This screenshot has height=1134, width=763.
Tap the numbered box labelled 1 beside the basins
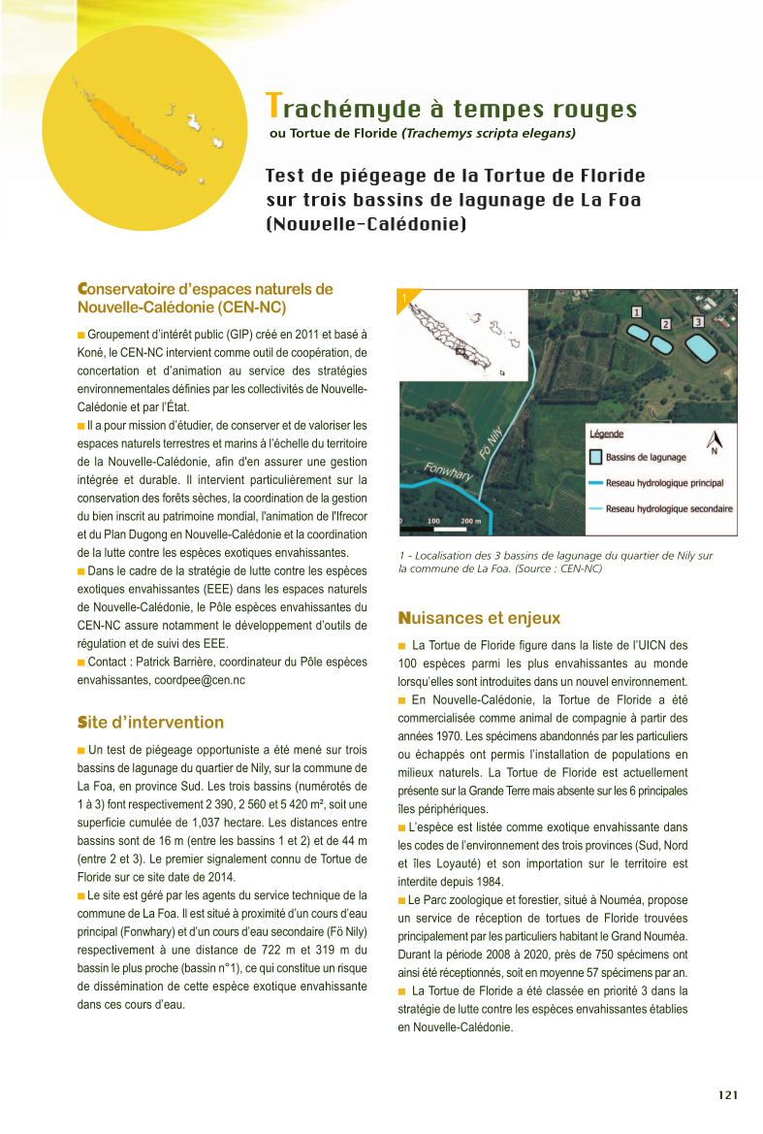point(637,312)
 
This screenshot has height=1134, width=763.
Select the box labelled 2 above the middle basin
point(666,324)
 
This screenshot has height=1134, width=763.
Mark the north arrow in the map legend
point(715,442)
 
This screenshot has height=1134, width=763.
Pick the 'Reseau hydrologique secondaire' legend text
point(669,508)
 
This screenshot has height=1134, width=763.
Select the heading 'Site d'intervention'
point(150,723)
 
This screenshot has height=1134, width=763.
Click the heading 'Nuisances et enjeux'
point(479,618)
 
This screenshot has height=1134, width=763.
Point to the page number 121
point(728,1095)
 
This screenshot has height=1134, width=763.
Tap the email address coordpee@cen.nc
point(199,680)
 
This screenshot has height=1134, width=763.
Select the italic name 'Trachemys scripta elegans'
point(490,133)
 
